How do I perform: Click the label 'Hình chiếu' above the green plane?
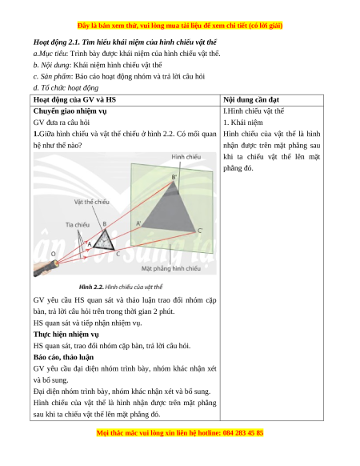pyautogui.click(x=186, y=157)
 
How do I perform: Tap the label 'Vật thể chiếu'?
pyautogui.click(x=92, y=202)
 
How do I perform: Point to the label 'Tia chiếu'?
pyautogui.click(x=78, y=225)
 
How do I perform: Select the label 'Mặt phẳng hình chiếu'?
pyautogui.click(x=170, y=269)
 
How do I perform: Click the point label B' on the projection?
pyautogui.click(x=174, y=177)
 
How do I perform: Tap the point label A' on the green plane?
pyautogui.click(x=138, y=223)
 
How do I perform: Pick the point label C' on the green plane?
pyautogui.click(x=200, y=231)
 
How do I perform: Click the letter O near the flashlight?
pyautogui.click(x=54, y=254)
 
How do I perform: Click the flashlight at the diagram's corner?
pyautogui.click(x=46, y=268)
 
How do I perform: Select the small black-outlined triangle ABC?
pyautogui.click(x=105, y=241)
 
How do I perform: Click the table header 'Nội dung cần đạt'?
pyautogui.click(x=251, y=100)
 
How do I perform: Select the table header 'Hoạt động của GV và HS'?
pyautogui.click(x=74, y=100)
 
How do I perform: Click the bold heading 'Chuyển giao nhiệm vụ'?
pyautogui.click(x=70, y=111)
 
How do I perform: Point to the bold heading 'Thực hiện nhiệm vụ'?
pyautogui.click(x=66, y=335)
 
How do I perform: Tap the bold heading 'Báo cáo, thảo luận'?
pyautogui.click(x=63, y=357)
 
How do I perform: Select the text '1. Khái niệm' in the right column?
pyautogui.click(x=243, y=123)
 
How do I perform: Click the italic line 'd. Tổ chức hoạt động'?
pyautogui.click(x=66, y=88)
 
